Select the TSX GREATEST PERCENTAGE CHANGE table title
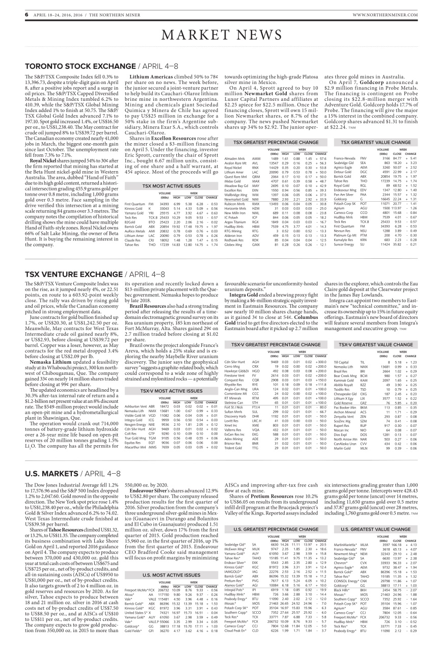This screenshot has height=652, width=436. pyautogui.click(x=276, y=127)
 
